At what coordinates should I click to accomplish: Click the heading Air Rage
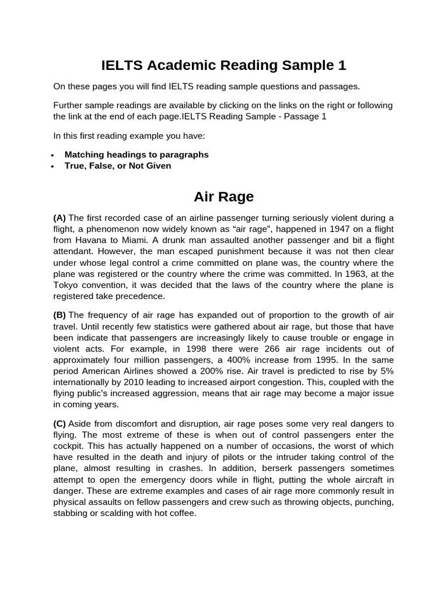(223, 196)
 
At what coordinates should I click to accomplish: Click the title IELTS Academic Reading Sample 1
(223, 65)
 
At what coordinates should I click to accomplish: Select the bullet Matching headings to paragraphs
(136, 154)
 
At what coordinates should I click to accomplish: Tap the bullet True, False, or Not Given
(118, 166)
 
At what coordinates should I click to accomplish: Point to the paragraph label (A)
(60, 218)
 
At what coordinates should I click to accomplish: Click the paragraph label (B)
(60, 315)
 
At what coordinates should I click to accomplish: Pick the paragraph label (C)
(60, 423)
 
